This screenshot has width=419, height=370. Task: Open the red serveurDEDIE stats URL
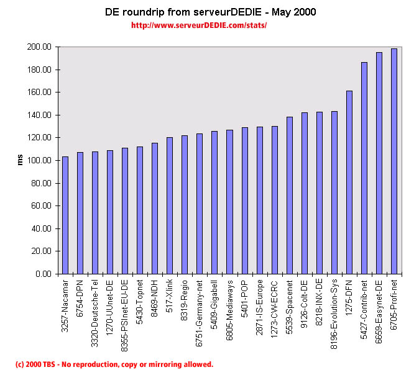[x=199, y=26]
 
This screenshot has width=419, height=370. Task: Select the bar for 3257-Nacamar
[x=65, y=215]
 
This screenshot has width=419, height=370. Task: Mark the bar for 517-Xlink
[x=170, y=205]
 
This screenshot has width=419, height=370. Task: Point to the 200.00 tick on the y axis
[x=39, y=47]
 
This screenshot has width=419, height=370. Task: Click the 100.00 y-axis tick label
[x=39, y=160]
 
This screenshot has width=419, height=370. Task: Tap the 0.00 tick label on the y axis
[x=43, y=274]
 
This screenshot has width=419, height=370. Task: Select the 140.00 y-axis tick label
[x=39, y=115]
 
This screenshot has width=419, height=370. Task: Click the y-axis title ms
[x=21, y=160]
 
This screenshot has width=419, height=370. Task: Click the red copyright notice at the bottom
[x=114, y=364]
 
